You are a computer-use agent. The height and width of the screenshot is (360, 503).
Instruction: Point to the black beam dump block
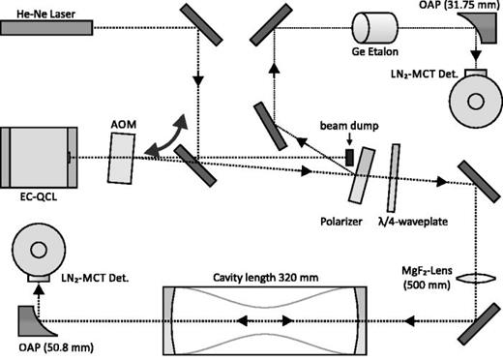(349, 156)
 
